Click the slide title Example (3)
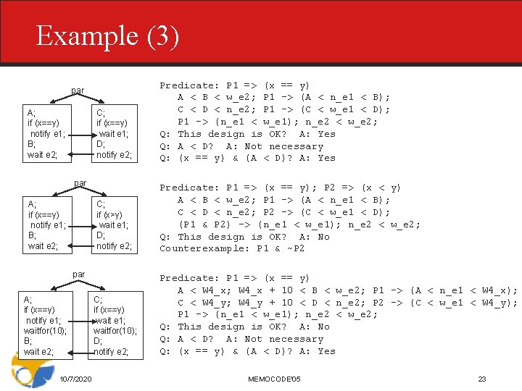[x=107, y=36]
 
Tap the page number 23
[x=482, y=379]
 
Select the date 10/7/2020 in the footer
[x=75, y=379]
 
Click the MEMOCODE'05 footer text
[x=274, y=379]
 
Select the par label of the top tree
[x=78, y=91]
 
